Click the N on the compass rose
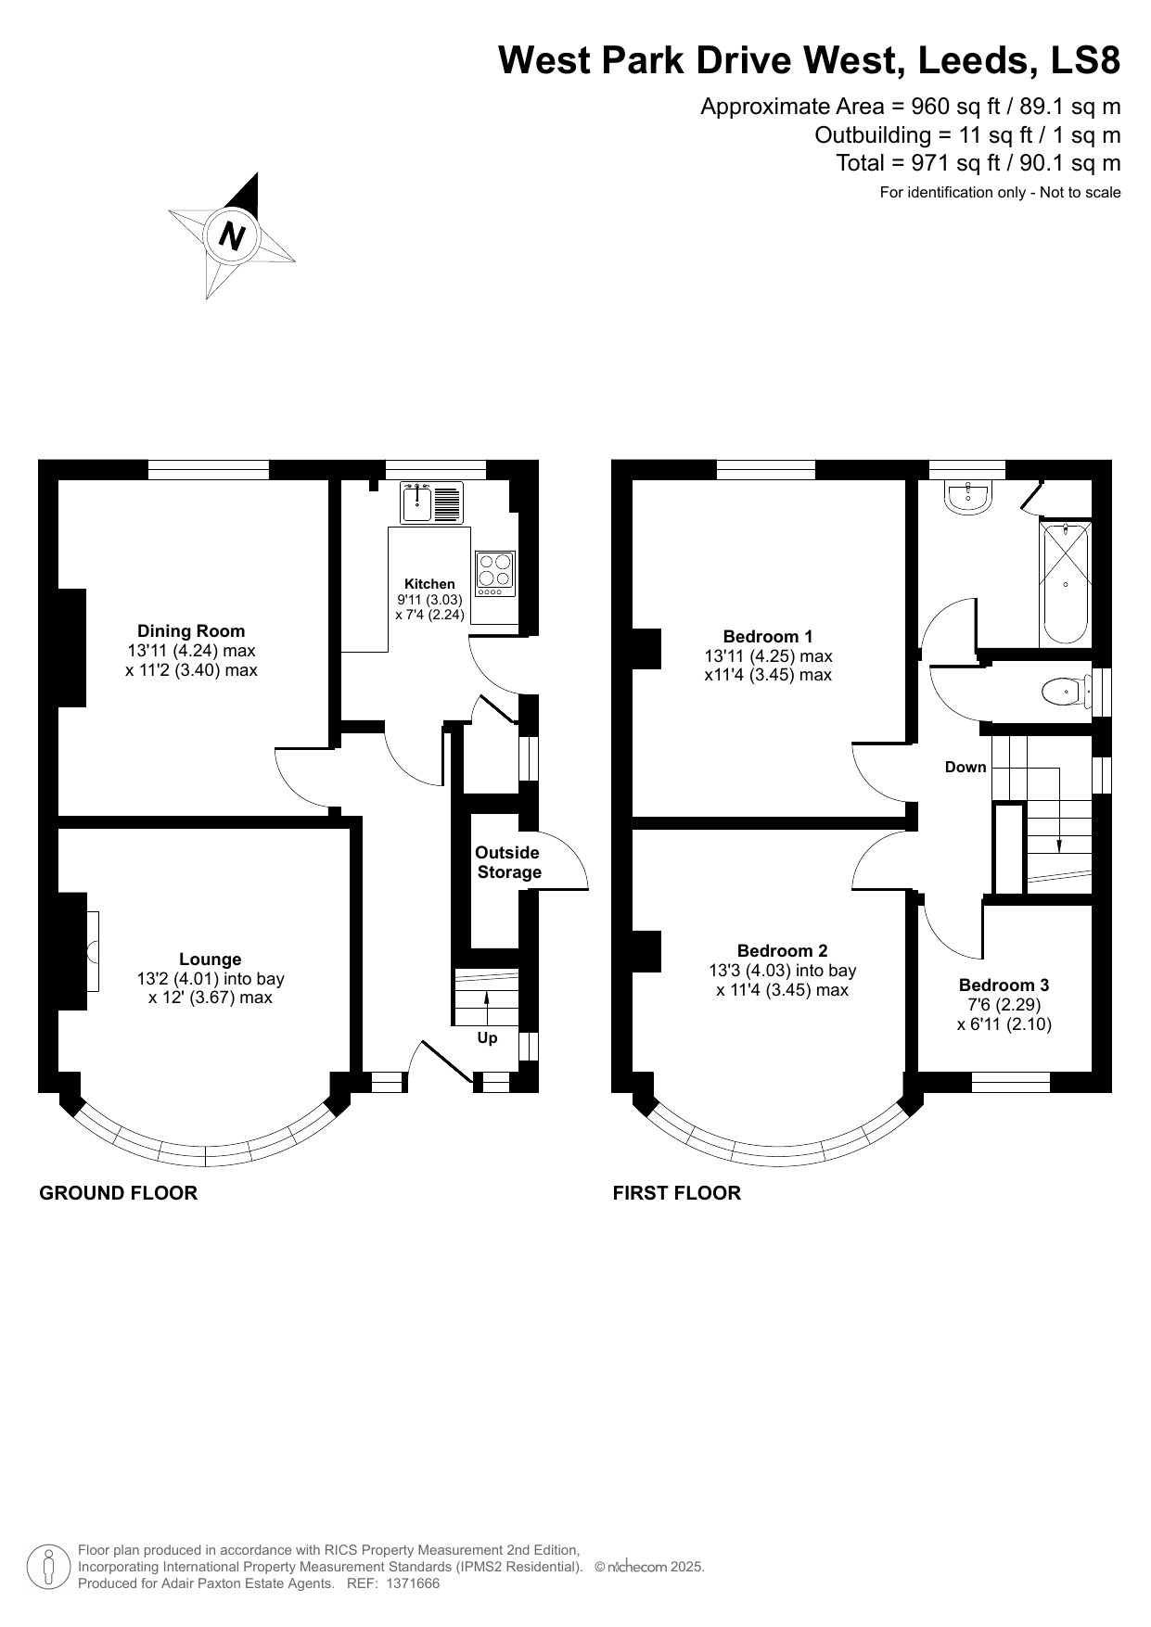coord(232,236)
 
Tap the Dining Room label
coord(191,631)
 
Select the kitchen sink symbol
coord(416,503)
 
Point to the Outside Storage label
coord(508,862)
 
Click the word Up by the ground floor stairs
coord(487,1037)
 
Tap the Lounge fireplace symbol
coord(92,952)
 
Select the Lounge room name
coord(210,960)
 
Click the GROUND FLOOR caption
coord(118,1193)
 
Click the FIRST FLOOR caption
coord(676,1193)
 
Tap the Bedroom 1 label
coord(767,636)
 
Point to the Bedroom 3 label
coord(1004,985)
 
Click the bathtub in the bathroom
coord(1065,584)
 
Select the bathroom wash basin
coord(969,497)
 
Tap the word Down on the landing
coord(966,767)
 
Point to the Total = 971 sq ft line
coord(978,163)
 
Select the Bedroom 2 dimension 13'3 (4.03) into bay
coord(782,971)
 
